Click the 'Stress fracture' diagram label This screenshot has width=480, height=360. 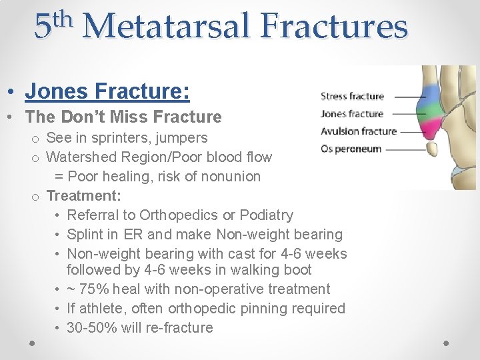point(352,96)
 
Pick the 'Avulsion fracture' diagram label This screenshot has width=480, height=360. point(358,131)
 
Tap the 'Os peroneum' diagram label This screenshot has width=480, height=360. point(351,148)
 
